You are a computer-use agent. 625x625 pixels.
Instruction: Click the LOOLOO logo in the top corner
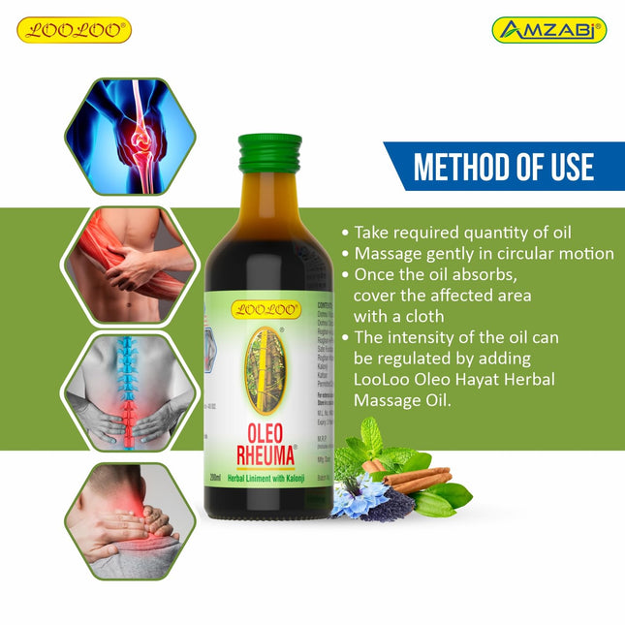[74, 30]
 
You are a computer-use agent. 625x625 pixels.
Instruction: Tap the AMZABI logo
[548, 30]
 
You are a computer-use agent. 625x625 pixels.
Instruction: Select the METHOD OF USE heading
[503, 167]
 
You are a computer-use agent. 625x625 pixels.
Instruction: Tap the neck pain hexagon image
[129, 520]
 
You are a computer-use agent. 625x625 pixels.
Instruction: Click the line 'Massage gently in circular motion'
[483, 254]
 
